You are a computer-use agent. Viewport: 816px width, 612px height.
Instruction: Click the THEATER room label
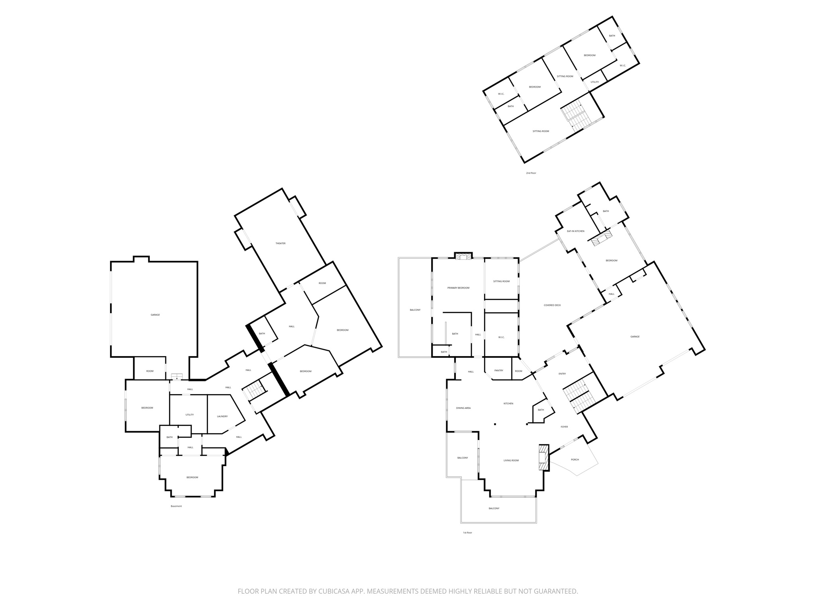(280, 243)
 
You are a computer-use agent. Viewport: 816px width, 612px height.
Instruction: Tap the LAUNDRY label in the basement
(222, 416)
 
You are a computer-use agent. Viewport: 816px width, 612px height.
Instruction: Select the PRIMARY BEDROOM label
(458, 288)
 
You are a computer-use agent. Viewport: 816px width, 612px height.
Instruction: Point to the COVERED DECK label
(552, 305)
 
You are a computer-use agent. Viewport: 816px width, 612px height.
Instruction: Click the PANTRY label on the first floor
(499, 371)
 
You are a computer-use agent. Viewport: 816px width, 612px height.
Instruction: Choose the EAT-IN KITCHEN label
(576, 231)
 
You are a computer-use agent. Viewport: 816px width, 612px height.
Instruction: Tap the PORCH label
(575, 459)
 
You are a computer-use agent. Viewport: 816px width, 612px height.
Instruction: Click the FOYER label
(564, 427)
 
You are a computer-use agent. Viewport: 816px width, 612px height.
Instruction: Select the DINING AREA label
(463, 408)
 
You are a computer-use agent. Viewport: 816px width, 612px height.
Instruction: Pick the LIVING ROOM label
(511, 461)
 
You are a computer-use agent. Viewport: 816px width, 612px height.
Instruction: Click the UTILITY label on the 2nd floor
(594, 82)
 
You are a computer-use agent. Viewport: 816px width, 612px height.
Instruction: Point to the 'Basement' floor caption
(176, 506)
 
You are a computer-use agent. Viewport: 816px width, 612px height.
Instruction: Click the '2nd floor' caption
(531, 173)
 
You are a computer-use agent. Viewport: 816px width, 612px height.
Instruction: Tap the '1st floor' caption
(467, 533)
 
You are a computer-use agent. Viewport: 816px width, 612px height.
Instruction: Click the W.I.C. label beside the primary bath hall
(501, 337)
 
